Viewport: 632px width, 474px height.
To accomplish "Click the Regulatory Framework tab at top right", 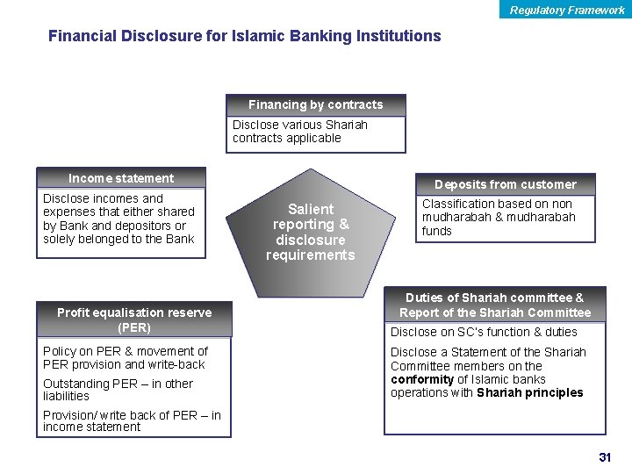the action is [x=567, y=10].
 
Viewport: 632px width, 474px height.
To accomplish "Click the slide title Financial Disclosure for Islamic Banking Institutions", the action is [x=244, y=36].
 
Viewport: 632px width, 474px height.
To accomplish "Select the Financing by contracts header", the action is [x=315, y=104].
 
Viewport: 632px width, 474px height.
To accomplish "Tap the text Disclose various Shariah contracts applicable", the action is [x=299, y=132].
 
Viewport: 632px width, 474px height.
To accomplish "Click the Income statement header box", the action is [x=121, y=178].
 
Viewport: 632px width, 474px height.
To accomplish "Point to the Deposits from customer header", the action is [x=505, y=184].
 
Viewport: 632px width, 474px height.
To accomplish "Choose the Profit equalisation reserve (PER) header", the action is [x=134, y=320].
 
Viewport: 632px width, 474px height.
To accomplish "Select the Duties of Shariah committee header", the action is [x=495, y=305].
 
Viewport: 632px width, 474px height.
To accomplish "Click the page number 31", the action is [x=604, y=457].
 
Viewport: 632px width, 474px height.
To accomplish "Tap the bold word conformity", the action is [x=421, y=380].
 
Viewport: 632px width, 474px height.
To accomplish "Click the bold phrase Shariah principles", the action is [x=529, y=393].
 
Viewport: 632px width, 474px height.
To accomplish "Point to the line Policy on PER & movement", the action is [x=125, y=351].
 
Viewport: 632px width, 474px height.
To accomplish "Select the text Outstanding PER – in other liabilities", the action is [x=118, y=390].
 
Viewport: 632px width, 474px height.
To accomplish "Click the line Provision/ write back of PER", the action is [x=132, y=415].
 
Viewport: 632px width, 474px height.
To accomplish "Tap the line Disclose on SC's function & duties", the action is [x=484, y=332].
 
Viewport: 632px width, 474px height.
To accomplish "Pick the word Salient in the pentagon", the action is [x=311, y=209].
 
